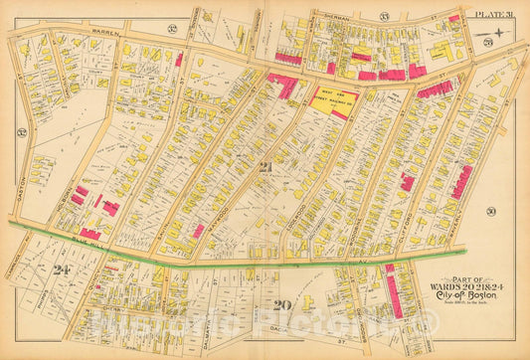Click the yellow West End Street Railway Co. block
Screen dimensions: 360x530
(x=335, y=99)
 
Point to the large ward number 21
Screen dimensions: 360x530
(x=265, y=167)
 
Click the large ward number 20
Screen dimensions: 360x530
(x=281, y=304)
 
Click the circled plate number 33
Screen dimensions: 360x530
(x=383, y=15)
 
